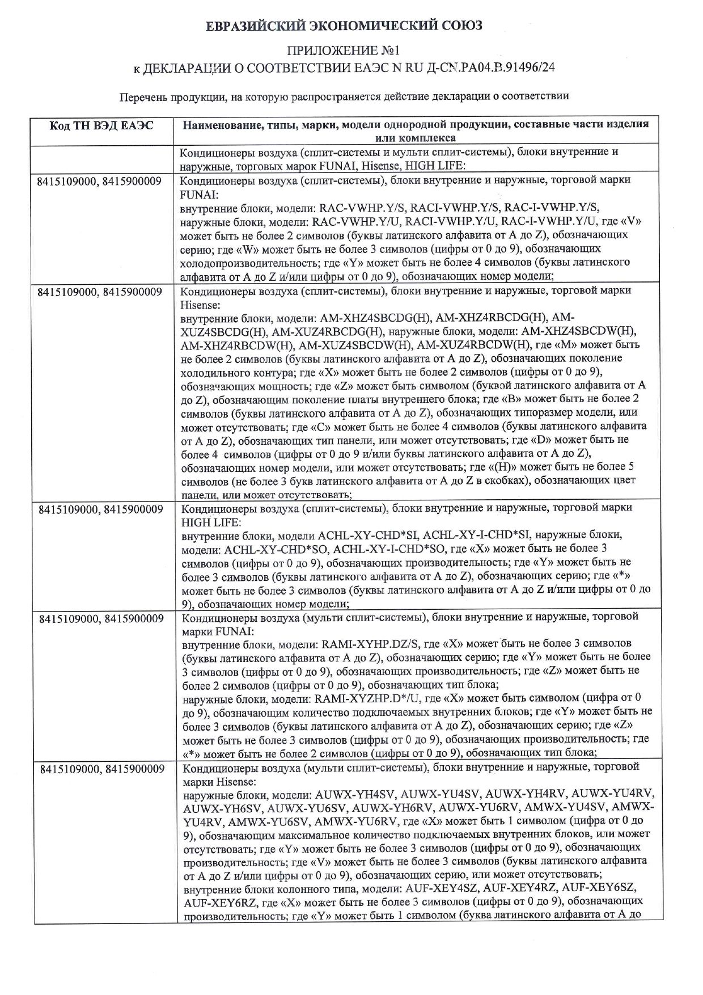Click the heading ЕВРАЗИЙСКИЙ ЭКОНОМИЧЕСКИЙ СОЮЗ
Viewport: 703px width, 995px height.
click(x=344, y=26)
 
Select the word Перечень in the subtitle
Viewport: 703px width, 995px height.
click(x=142, y=96)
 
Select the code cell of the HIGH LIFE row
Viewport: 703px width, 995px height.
click(x=101, y=509)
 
